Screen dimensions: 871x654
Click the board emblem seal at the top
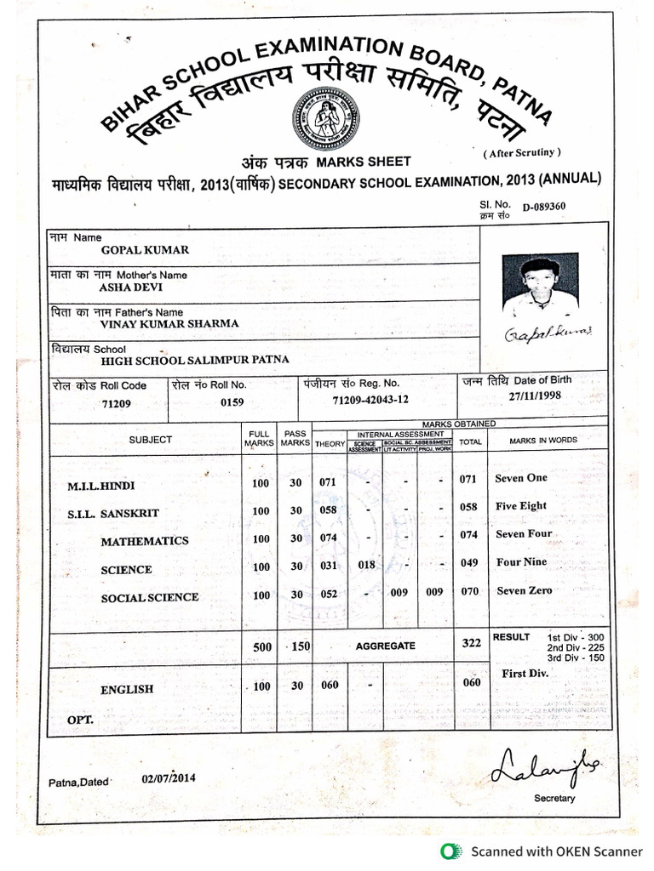tap(325, 118)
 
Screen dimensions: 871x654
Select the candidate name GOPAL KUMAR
tap(145, 250)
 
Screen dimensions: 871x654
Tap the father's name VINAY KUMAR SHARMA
tap(169, 324)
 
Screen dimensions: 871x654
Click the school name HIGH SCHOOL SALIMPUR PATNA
tap(195, 361)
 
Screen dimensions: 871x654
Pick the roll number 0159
tap(232, 402)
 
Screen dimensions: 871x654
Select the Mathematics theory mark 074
tap(328, 538)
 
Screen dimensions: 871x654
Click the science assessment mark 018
tap(366, 566)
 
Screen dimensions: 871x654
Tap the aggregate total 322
tap(471, 644)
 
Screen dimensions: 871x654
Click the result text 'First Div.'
tap(525, 673)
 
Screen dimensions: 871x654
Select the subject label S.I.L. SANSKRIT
tap(113, 515)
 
